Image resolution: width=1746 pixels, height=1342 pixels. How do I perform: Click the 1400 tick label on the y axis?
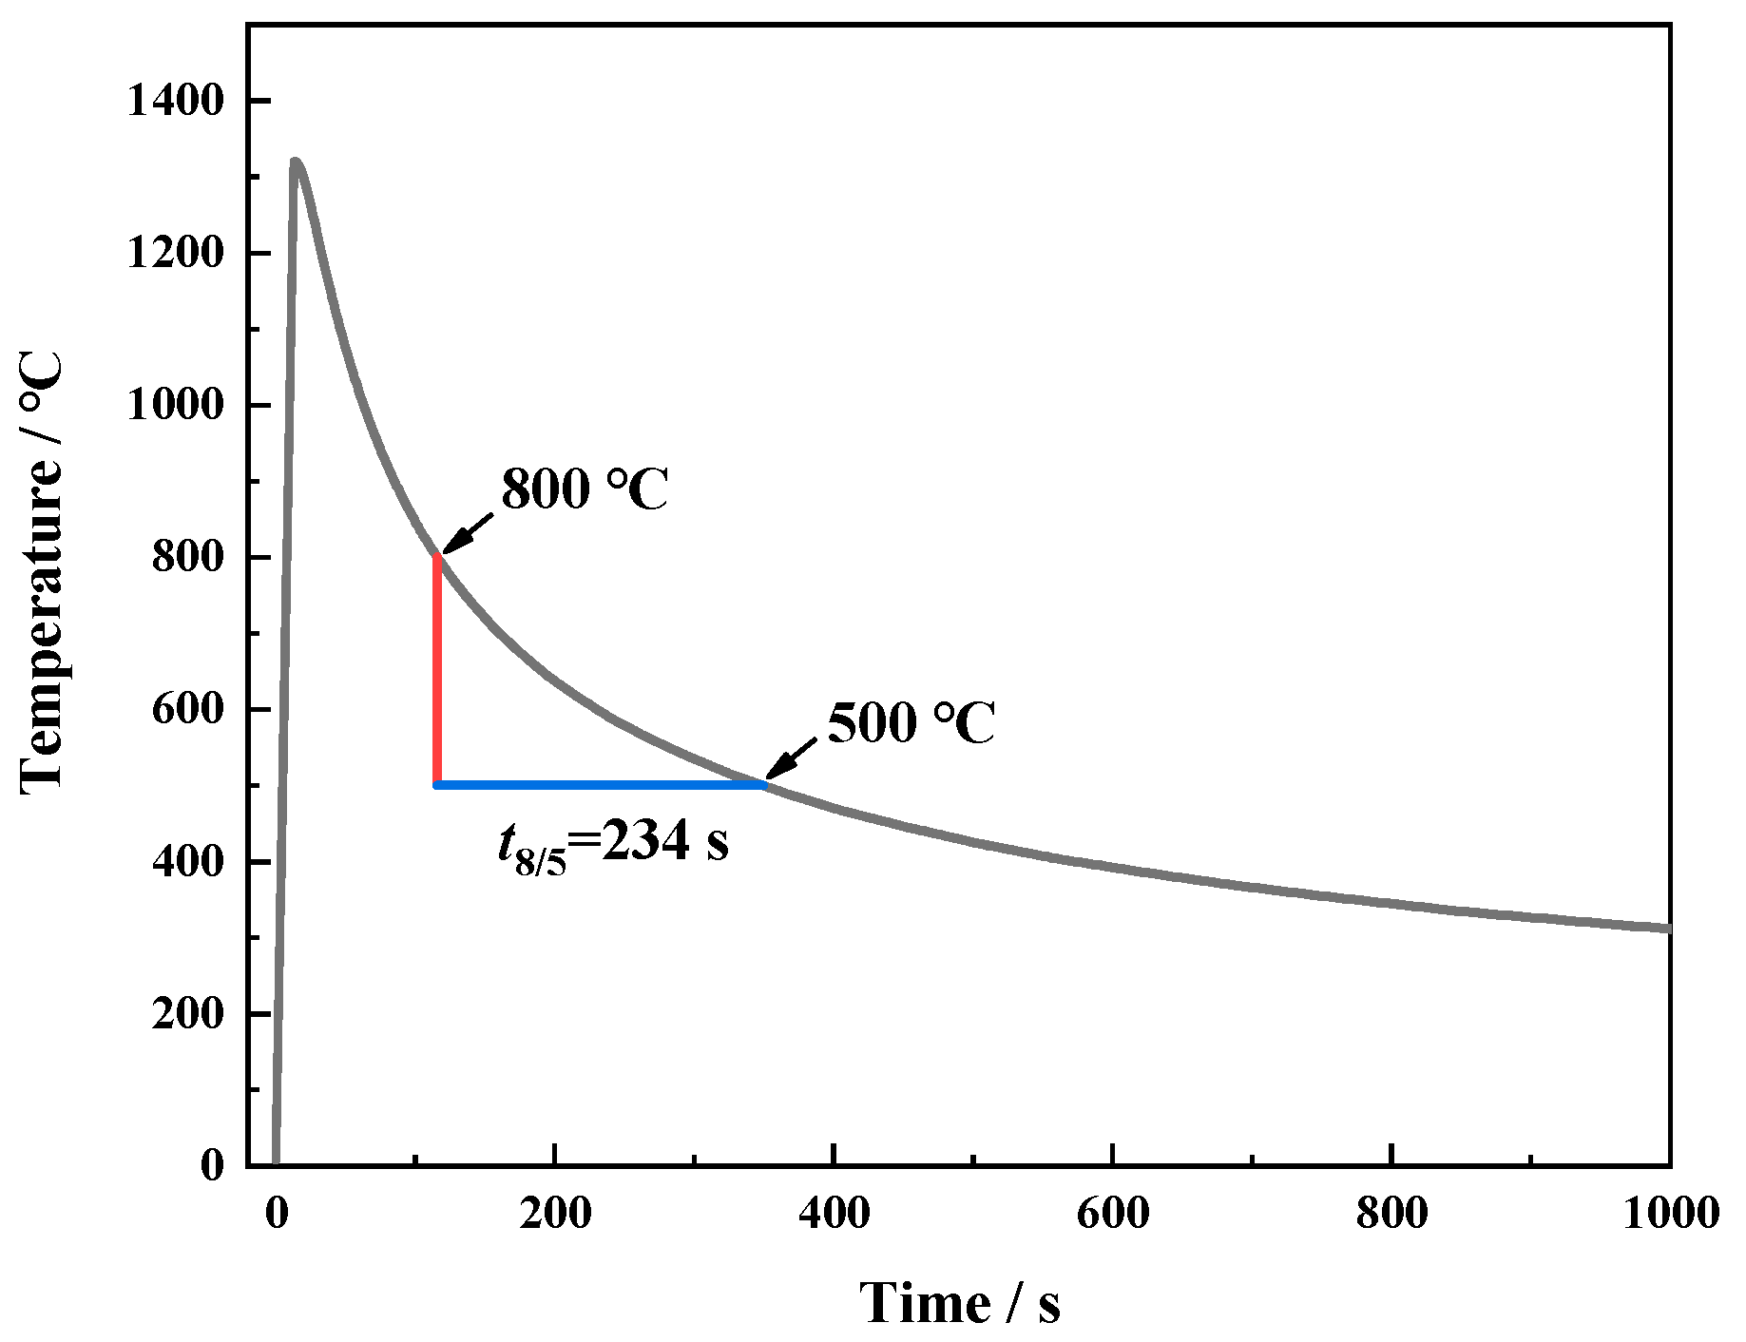click(175, 102)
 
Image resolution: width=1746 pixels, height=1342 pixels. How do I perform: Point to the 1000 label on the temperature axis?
click(175, 406)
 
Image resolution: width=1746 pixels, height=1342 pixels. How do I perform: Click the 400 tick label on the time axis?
click(834, 1214)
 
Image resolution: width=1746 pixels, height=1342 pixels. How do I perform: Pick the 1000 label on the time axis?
click(1670, 1214)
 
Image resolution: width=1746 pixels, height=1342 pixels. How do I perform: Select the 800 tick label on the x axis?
click(1391, 1214)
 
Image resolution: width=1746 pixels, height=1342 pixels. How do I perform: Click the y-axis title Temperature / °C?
click(42, 570)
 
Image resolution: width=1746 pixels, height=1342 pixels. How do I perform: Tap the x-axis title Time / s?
click(960, 1302)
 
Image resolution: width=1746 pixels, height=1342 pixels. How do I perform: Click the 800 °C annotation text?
click(585, 489)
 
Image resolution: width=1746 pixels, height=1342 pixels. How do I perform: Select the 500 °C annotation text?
click(911, 723)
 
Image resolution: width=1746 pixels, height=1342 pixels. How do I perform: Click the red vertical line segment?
click(437, 665)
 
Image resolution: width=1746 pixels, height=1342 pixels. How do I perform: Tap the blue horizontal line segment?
click(599, 785)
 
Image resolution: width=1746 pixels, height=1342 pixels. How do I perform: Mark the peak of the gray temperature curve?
click(296, 163)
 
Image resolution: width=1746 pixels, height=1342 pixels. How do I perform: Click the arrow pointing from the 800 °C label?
click(468, 534)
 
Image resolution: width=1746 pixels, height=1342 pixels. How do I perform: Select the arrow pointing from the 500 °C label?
click(792, 759)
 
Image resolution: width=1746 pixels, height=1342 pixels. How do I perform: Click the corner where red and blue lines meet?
click(437, 785)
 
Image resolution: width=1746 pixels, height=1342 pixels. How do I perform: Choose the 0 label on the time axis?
click(277, 1214)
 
